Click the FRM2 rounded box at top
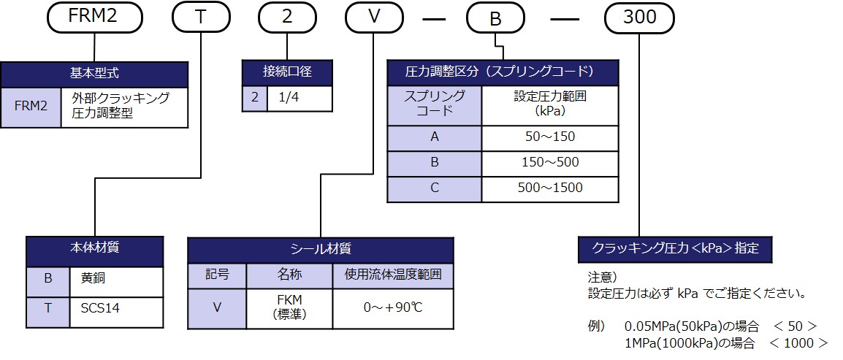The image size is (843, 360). [x=93, y=18]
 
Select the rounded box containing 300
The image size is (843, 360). [x=640, y=18]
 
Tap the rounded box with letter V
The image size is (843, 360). [x=374, y=18]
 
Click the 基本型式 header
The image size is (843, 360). [x=94, y=74]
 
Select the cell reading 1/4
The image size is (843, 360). [x=299, y=98]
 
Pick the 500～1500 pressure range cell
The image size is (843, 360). [x=549, y=188]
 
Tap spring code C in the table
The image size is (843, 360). [x=434, y=188]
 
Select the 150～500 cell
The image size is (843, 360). [x=549, y=163]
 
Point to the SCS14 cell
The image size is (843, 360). [x=116, y=309]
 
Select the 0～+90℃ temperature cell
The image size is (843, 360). [x=393, y=307]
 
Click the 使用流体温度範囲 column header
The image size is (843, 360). [x=393, y=275]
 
